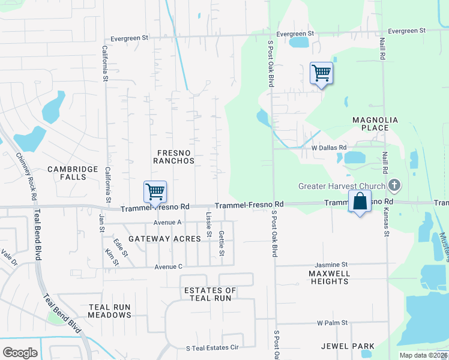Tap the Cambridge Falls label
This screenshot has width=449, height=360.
tap(73, 173)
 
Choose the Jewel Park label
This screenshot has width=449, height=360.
tap(348, 346)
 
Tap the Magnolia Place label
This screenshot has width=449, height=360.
tap(375, 124)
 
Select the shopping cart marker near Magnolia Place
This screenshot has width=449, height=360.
tap(321, 73)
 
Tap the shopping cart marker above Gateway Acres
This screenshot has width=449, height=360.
tap(155, 192)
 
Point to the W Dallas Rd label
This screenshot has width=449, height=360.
tap(329, 148)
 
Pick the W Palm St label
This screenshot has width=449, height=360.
tap(333, 323)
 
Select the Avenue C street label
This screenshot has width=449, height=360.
tap(168, 266)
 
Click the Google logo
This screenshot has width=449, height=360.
tap(20, 353)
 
